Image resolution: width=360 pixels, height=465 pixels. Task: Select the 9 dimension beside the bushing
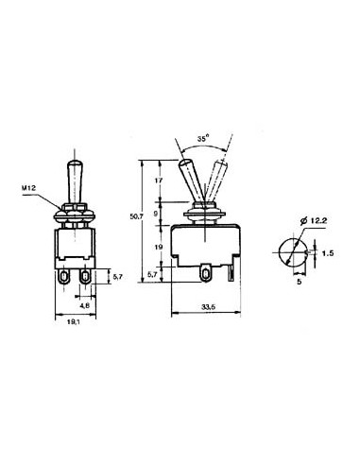156,213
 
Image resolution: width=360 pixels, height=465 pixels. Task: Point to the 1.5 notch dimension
325,253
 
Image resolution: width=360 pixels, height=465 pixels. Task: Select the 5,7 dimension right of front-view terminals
116,279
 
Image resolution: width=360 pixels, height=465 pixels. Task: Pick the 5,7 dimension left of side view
156,274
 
